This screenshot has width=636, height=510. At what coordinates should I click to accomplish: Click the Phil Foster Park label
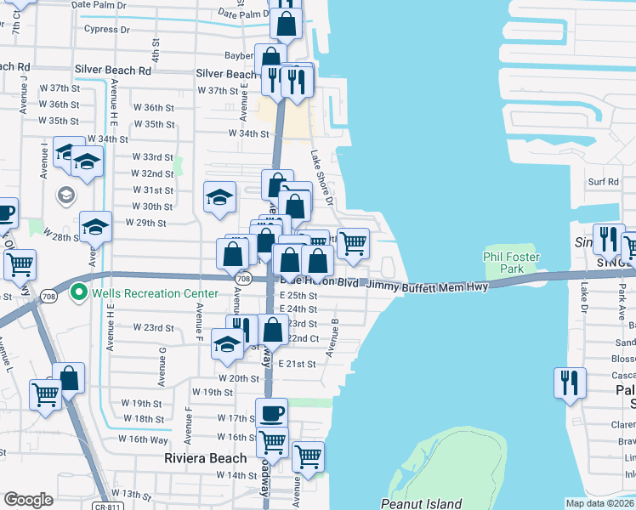pos(511,263)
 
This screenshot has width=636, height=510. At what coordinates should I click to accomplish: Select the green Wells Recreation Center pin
pos(79,293)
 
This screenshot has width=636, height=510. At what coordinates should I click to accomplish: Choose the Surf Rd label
pos(603,182)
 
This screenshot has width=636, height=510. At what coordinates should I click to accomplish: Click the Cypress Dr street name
pos(107,29)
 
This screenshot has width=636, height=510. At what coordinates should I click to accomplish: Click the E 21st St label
pos(298,364)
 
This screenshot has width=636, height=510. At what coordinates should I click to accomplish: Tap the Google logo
pos(28,500)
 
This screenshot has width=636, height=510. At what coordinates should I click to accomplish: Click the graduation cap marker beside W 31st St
pos(219,197)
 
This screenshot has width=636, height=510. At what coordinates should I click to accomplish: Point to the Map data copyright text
pos(600,503)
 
